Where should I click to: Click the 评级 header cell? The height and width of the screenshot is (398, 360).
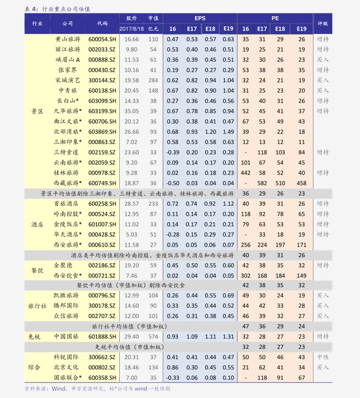(322, 24)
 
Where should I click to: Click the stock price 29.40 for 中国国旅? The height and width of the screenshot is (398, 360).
(132, 336)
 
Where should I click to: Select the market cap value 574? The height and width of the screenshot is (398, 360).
(153, 336)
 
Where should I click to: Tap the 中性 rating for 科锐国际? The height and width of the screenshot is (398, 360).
(322, 357)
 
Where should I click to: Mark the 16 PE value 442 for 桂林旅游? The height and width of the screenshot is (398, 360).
(246, 173)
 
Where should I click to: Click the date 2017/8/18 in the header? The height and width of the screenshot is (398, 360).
(132, 28)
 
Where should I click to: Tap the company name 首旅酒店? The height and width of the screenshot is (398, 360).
(67, 204)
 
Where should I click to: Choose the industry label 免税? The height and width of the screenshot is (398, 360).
(34, 336)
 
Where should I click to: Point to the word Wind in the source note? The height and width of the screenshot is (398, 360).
(59, 388)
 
